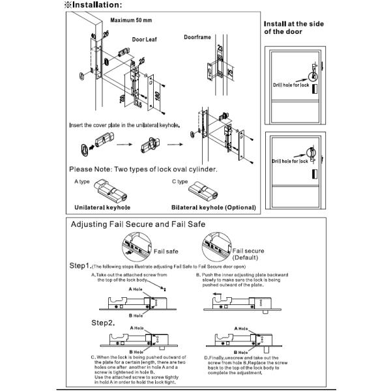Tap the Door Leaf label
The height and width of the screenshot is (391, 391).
(145, 39)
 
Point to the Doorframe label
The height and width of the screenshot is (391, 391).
(197, 37)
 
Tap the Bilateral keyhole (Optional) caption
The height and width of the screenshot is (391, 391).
(213, 207)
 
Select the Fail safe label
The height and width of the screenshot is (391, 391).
(167, 250)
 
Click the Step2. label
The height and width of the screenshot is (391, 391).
(104, 323)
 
